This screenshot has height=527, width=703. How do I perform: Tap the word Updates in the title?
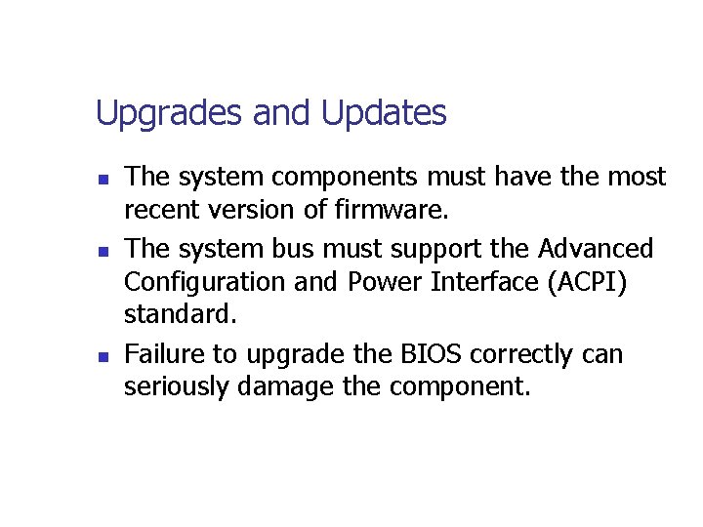384,114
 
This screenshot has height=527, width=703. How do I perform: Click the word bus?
298,248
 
